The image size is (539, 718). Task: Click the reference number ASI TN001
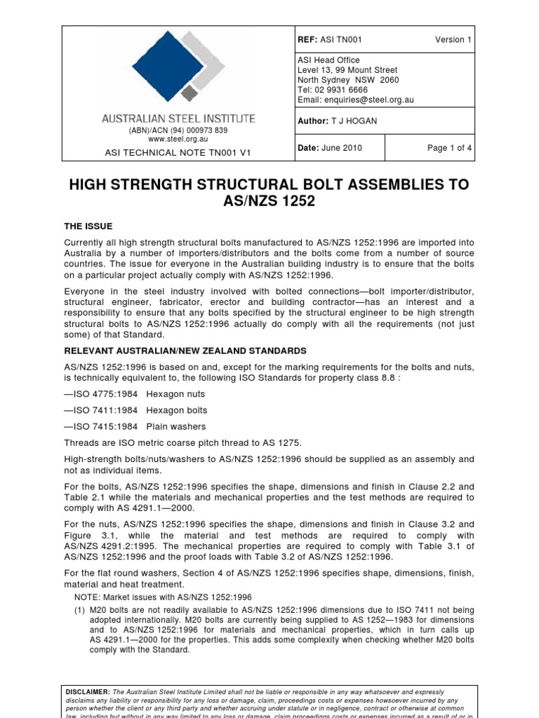point(341,40)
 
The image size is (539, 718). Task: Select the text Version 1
point(453,40)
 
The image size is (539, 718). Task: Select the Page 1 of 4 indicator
point(449,148)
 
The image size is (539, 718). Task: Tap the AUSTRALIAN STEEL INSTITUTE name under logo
point(178,119)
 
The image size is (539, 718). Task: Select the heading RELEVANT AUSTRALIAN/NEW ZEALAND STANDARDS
point(185,350)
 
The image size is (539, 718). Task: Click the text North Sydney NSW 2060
point(348,80)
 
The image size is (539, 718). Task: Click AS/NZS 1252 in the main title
point(269,203)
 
